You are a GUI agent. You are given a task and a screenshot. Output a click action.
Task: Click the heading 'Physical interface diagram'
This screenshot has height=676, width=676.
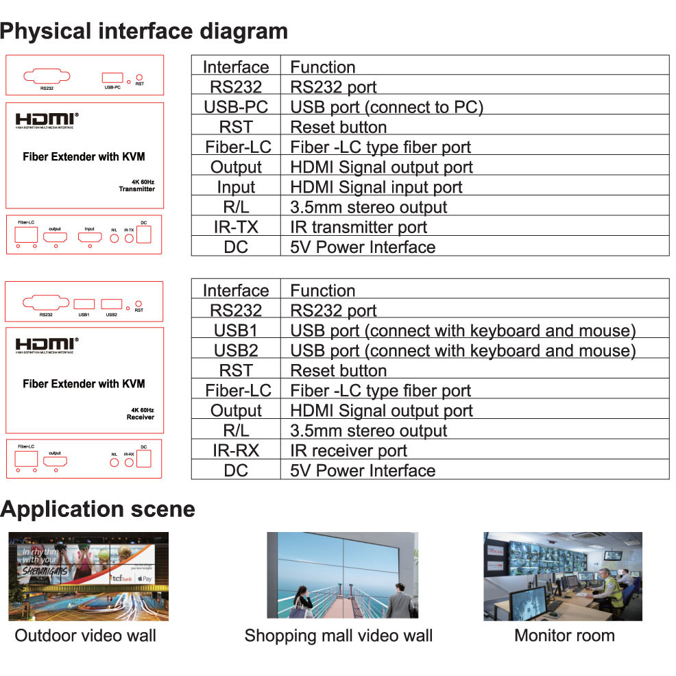point(144,32)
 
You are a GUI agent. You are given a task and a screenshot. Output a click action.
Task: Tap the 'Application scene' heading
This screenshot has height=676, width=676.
point(98,509)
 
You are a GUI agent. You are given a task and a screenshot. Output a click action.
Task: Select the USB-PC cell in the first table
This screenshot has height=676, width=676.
point(236,108)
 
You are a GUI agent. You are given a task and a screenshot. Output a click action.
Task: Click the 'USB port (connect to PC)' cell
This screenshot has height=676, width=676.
point(387,108)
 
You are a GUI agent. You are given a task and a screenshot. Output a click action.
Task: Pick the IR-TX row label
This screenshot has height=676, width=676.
point(236,227)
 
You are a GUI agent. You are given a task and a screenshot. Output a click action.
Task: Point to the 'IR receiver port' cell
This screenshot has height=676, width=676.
point(348,450)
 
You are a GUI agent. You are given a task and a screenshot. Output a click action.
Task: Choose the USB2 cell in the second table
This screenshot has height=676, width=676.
point(236,350)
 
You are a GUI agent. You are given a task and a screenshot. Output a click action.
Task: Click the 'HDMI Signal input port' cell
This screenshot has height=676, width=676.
point(376,187)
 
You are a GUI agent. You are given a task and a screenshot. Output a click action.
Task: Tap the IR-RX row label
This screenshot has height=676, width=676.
point(236,450)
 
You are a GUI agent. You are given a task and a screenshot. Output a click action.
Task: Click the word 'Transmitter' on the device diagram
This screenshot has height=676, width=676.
point(136,189)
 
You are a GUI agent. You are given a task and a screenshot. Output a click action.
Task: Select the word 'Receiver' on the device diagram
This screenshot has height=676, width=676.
point(141,417)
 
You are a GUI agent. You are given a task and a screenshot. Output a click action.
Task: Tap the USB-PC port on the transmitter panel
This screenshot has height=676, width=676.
point(112,78)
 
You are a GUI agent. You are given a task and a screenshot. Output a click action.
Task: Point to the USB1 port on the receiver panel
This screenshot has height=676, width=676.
point(84,304)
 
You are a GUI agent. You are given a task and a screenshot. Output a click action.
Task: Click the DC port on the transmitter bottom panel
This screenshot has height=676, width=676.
point(144,234)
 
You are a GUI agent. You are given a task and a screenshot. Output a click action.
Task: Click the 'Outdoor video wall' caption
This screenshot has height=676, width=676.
point(85,636)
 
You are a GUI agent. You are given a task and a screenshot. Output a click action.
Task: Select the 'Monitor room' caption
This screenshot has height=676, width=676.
point(564,636)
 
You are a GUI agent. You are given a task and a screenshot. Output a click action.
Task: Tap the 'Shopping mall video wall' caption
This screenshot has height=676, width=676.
point(338,636)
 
